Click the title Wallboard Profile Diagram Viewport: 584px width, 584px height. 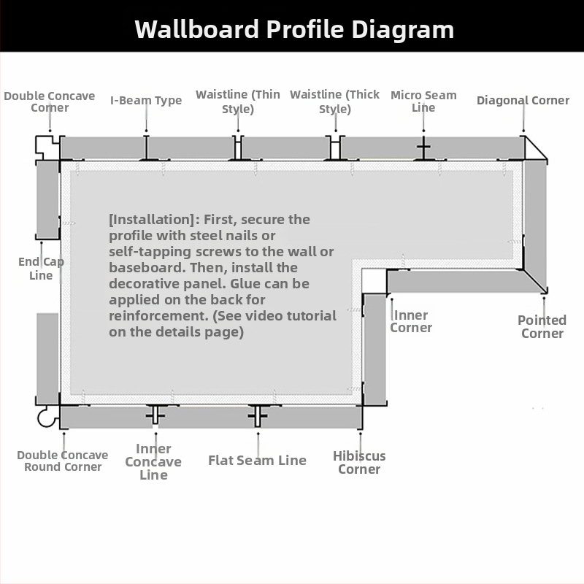294,29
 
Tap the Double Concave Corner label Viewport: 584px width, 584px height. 50,101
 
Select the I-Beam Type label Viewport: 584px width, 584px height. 146,100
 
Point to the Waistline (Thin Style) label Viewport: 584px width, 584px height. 238,101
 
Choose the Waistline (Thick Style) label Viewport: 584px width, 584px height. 335,101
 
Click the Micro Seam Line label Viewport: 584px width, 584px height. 423,101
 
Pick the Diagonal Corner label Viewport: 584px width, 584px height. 523,100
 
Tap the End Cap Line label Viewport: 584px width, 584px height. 41,269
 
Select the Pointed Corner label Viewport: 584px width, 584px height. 542,326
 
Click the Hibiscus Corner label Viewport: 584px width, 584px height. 359,463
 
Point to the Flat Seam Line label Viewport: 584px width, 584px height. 258,461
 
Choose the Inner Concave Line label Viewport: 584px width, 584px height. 153,462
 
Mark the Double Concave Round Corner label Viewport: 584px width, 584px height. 63,461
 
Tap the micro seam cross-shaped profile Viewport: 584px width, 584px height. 423,148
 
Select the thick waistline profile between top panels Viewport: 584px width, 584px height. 335,148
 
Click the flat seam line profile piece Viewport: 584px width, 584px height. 258,415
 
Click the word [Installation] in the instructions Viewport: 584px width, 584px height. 152,220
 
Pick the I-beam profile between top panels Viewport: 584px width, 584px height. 147,148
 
